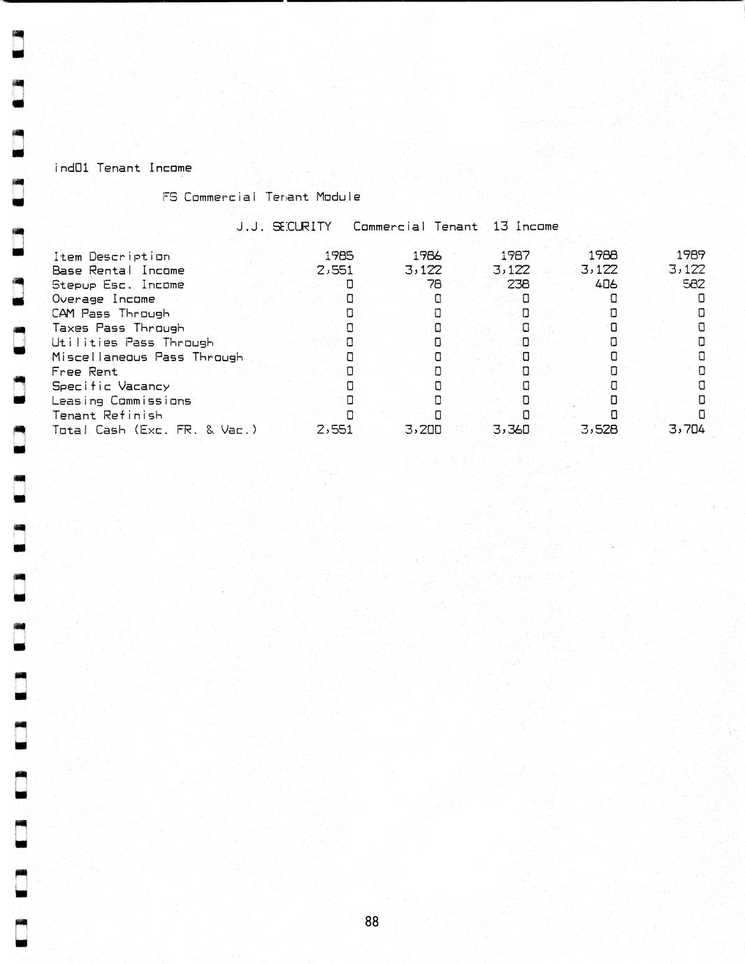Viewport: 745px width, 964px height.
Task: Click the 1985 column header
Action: point(339,256)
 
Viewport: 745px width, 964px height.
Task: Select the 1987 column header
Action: point(515,256)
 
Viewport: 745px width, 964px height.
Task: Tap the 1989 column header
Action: point(690,256)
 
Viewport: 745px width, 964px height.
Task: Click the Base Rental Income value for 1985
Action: point(335,270)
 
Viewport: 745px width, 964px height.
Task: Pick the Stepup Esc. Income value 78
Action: point(434,284)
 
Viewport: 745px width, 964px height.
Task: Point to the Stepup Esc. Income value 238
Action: point(518,284)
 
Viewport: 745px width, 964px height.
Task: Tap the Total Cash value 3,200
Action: point(423,430)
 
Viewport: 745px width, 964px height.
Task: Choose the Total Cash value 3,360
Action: point(511,430)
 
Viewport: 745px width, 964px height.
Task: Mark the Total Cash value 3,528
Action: point(599,430)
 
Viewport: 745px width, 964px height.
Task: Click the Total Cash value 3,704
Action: point(686,430)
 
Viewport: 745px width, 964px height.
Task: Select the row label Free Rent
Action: point(85,372)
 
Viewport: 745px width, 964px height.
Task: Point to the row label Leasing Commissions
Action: point(121,401)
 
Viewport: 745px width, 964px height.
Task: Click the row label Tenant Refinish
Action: point(107,416)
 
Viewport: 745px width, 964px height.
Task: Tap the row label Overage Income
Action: point(103,299)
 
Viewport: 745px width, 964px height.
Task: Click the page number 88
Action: point(372,921)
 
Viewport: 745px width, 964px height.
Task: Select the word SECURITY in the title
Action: point(302,226)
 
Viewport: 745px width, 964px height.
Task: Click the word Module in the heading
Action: point(338,197)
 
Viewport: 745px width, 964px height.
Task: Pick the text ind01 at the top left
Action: point(71,168)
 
